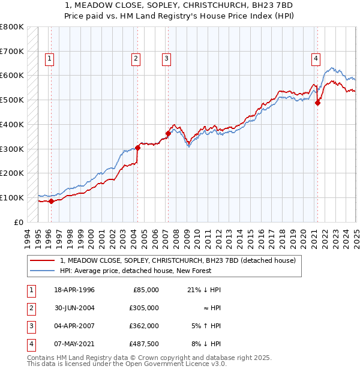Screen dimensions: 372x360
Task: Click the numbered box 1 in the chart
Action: tap(49, 58)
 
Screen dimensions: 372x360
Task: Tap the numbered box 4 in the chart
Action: tap(316, 58)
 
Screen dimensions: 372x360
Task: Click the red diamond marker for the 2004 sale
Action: tap(137, 147)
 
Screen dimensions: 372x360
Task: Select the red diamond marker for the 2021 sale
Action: tap(318, 103)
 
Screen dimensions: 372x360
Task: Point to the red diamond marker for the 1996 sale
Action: tap(51, 201)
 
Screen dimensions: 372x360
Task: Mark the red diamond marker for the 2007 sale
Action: tap(168, 133)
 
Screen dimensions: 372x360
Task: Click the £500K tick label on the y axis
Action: tap(12, 100)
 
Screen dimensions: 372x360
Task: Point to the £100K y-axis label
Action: tap(12, 197)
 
